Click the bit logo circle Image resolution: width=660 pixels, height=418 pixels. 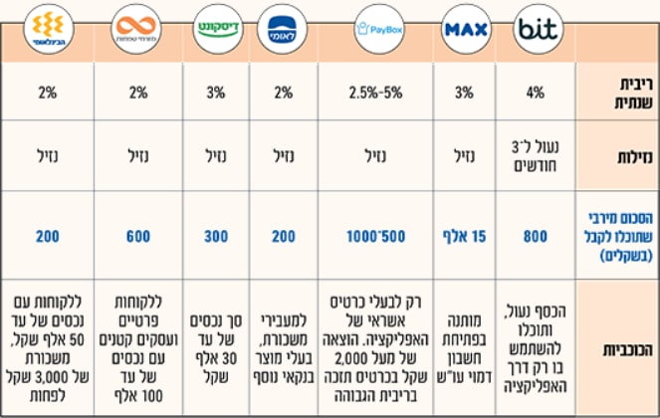click(538, 29)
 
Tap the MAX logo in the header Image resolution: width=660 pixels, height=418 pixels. click(466, 29)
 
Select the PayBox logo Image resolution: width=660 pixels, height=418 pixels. click(379, 29)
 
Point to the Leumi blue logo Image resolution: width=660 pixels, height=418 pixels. click(282, 29)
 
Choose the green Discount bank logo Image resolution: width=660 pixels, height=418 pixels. click(218, 29)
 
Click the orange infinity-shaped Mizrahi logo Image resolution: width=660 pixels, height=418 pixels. click(136, 29)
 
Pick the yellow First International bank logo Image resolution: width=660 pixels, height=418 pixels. click(49, 29)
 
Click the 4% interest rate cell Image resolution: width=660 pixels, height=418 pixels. click(536, 93)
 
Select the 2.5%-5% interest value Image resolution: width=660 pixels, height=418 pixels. click(375, 93)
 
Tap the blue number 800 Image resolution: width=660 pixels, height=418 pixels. click(536, 236)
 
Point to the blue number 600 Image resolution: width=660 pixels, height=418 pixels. click(138, 236)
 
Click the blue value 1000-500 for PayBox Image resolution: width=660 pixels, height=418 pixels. click(375, 236)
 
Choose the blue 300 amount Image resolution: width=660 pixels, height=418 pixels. click(216, 236)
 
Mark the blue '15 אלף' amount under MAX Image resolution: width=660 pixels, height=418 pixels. click(464, 236)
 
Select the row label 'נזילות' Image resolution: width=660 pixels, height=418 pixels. click(635, 156)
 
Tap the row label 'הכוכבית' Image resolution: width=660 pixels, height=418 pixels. click(627, 349)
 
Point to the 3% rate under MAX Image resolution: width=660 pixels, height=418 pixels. click(464, 93)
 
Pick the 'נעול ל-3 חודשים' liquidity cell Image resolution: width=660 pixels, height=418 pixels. click(536, 156)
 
